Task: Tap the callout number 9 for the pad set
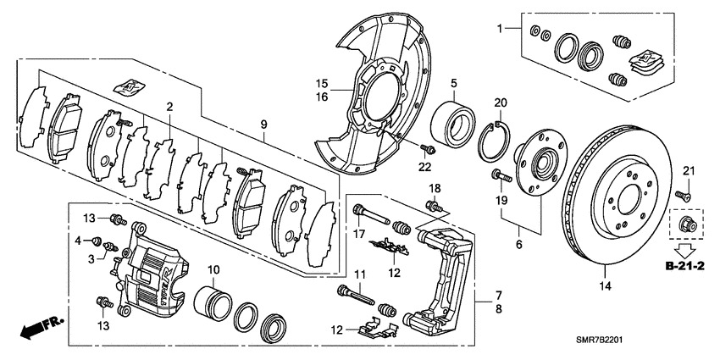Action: pyautogui.click(x=263, y=125)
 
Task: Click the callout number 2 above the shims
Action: pyautogui.click(x=169, y=107)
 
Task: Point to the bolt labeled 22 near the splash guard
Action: pyautogui.click(x=429, y=150)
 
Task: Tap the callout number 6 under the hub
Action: pyautogui.click(x=518, y=244)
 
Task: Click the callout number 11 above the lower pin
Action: pyautogui.click(x=358, y=274)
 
